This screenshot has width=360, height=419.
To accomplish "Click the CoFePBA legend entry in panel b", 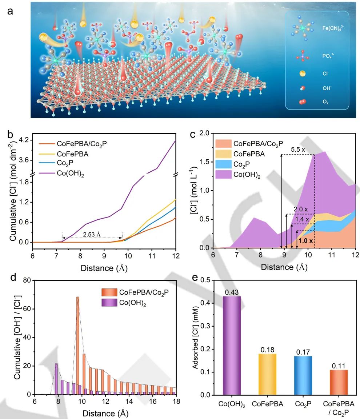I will pos(77,154).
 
